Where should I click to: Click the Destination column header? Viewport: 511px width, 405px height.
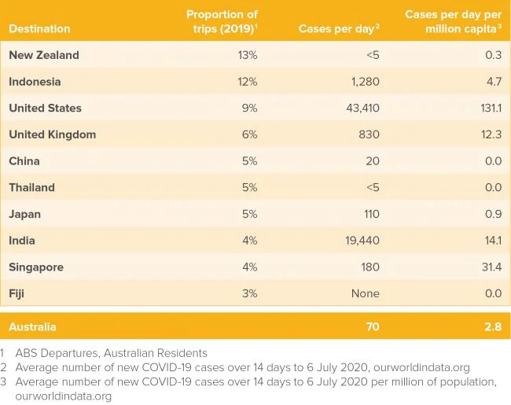(x=39, y=29)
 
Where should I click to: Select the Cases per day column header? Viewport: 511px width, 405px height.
(x=339, y=29)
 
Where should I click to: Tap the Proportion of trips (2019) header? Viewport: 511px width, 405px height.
(x=222, y=21)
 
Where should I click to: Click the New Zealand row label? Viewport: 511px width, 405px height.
(x=44, y=55)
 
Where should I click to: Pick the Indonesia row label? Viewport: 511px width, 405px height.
(x=35, y=82)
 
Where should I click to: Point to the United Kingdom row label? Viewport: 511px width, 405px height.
(x=52, y=134)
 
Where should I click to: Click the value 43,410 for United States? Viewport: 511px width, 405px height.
(x=358, y=108)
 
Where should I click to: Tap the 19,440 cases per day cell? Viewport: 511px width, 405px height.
(x=358, y=241)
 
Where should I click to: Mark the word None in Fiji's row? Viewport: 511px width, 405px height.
(x=364, y=293)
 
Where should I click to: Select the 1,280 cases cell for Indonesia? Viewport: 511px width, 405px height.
(x=362, y=82)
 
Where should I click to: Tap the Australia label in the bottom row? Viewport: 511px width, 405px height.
(x=32, y=326)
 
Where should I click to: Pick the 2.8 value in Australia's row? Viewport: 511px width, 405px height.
(x=491, y=326)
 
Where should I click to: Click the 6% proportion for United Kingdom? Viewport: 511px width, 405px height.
(x=250, y=134)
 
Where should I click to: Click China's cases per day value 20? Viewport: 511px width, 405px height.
(x=373, y=161)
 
